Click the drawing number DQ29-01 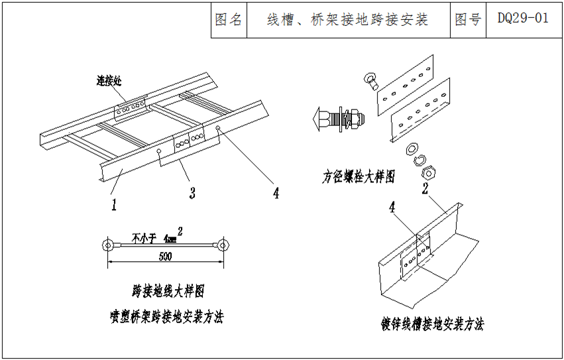pyautogui.click(x=523, y=19)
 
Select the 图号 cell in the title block pyautogui.click(x=468, y=19)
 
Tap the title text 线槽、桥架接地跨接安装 pyautogui.click(x=347, y=19)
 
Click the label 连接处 pyautogui.click(x=110, y=82)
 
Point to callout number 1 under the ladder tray pyautogui.click(x=113, y=205)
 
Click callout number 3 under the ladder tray pyautogui.click(x=192, y=194)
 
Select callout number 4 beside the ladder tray pyautogui.click(x=275, y=193)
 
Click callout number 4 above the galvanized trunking pyautogui.click(x=392, y=208)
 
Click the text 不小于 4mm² pyautogui.click(x=155, y=236)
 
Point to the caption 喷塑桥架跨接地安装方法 pyautogui.click(x=166, y=317)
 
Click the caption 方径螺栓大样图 pyautogui.click(x=359, y=177)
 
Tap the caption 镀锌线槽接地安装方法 pyautogui.click(x=432, y=324)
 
